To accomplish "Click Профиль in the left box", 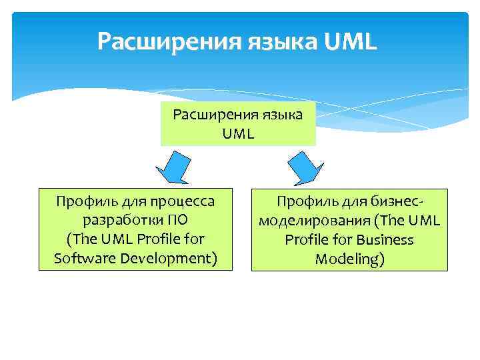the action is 83,200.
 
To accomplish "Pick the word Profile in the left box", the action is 159,239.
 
